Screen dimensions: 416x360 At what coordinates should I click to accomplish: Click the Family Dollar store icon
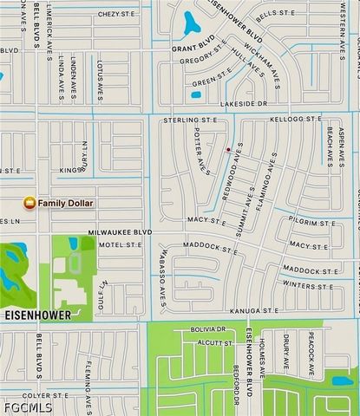[29, 203]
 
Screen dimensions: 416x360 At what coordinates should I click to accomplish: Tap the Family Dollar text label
[65, 203]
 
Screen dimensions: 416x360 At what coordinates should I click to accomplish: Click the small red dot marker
[228, 150]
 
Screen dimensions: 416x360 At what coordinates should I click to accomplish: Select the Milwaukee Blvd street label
[120, 232]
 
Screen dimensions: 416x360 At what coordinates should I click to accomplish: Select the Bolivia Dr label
[209, 329]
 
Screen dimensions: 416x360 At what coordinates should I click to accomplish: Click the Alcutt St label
[214, 343]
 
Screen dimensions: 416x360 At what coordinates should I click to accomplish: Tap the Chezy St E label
[116, 15]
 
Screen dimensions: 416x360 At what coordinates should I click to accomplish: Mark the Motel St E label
[120, 245]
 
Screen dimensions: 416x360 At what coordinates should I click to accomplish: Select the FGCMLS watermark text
[27, 407]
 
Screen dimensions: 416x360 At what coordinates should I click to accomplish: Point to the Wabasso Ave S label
[161, 265]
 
